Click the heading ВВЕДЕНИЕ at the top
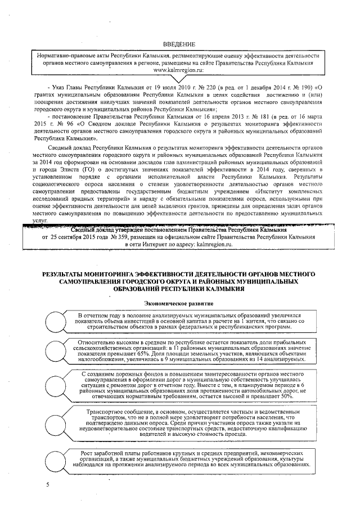click(179, 44)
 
